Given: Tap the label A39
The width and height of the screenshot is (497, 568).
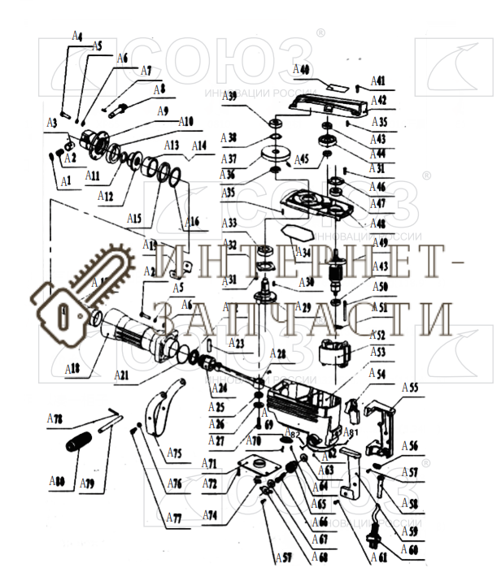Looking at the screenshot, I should (x=230, y=96).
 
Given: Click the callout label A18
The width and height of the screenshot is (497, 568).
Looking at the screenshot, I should (x=73, y=369).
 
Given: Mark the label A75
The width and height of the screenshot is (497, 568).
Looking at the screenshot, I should (x=173, y=453).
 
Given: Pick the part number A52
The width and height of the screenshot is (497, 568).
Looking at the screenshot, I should (x=377, y=334).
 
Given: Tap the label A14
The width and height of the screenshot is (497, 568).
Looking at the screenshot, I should (x=198, y=145).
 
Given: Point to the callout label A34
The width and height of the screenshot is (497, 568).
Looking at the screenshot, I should (x=305, y=254).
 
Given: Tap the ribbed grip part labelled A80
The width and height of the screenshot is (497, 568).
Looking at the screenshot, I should (x=80, y=446).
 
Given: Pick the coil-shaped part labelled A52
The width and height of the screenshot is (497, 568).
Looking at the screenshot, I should (x=336, y=357).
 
